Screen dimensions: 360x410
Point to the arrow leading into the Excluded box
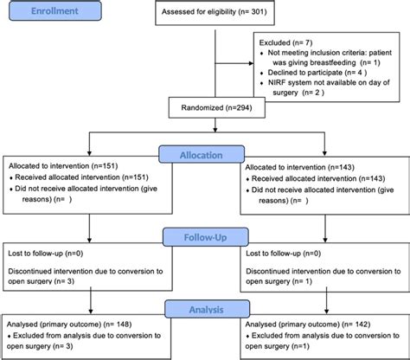click(247, 61)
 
